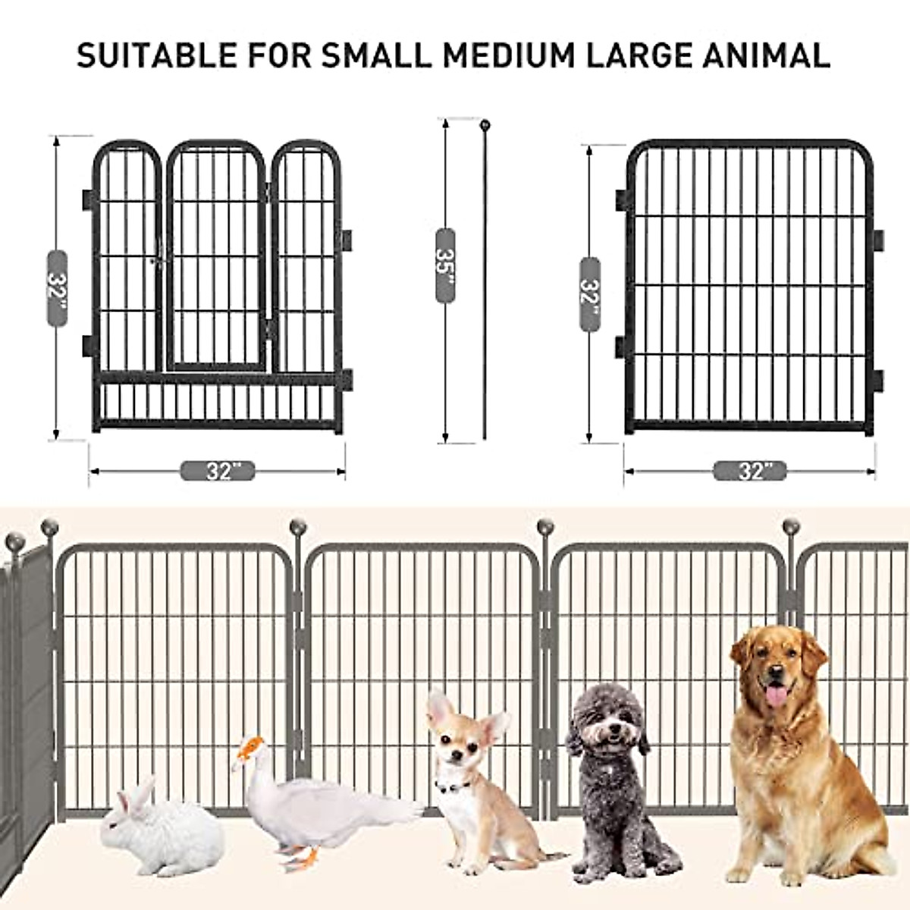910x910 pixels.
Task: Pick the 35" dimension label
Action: coord(445,266)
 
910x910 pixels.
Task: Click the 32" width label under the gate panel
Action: coord(218,471)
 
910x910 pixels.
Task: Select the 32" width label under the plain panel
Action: coord(750,471)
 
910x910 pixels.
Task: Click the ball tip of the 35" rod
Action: coord(484,123)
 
